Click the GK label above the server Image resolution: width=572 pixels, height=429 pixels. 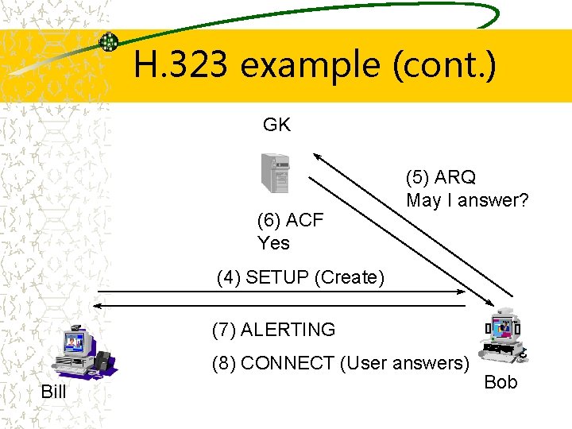point(276,125)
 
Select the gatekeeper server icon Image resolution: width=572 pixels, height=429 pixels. point(275,172)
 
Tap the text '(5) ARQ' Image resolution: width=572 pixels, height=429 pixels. point(440,176)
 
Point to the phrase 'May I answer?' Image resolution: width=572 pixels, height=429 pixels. point(467,200)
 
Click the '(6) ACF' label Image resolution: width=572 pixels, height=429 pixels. point(290,220)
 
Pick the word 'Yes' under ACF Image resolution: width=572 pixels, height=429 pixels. point(273,243)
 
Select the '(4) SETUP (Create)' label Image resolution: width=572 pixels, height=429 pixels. point(300,277)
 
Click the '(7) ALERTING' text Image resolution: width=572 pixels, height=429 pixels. point(273,329)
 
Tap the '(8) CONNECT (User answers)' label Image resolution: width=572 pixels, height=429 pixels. point(341,363)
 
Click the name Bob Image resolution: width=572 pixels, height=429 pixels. point(500,382)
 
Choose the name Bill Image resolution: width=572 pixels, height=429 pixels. point(53,392)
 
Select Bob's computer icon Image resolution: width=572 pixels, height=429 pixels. point(501,338)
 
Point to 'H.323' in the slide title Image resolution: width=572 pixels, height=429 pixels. point(180,64)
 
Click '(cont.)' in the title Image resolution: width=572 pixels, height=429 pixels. point(444,64)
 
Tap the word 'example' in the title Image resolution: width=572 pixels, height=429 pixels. point(310,64)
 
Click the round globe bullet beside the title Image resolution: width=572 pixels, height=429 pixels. point(108,42)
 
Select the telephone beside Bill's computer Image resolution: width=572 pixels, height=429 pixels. point(102,360)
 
